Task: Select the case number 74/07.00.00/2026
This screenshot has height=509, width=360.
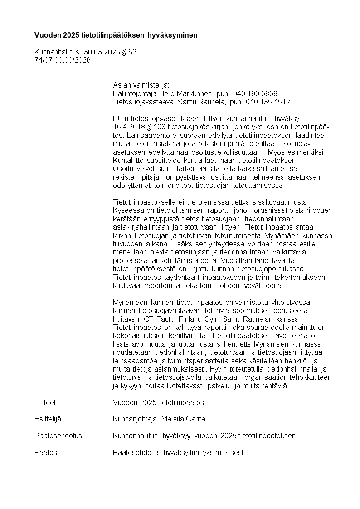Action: (x=63, y=60)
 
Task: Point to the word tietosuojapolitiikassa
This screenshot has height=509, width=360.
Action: (x=270, y=269)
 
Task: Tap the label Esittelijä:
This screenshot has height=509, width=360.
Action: (x=48, y=419)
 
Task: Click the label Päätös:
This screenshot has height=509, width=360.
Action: (x=46, y=452)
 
